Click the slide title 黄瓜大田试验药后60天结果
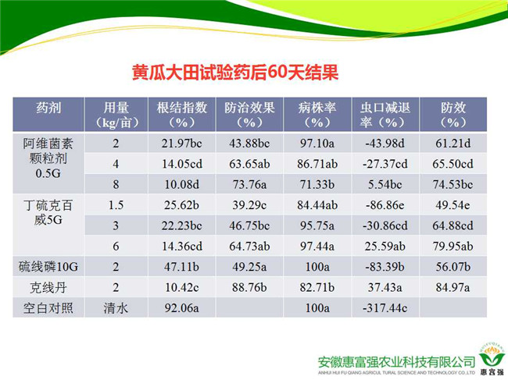[x=235, y=72]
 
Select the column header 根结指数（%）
[x=182, y=115]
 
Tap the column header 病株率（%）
[x=317, y=115]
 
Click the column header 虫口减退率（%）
[x=385, y=115]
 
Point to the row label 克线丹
[x=48, y=287]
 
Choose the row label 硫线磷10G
[x=48, y=267]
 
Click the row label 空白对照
[x=48, y=308]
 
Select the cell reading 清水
[x=116, y=308]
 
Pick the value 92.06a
[x=182, y=308]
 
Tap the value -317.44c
[x=385, y=308]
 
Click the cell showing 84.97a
[x=453, y=287]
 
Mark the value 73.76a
[x=249, y=184]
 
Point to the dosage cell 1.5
[x=116, y=205]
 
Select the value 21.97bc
[x=182, y=144]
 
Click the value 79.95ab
[x=453, y=246]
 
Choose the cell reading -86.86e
[x=385, y=205]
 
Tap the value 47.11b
[x=182, y=267]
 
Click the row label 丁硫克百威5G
[x=48, y=212]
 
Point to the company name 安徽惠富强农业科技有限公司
[x=396, y=362]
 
